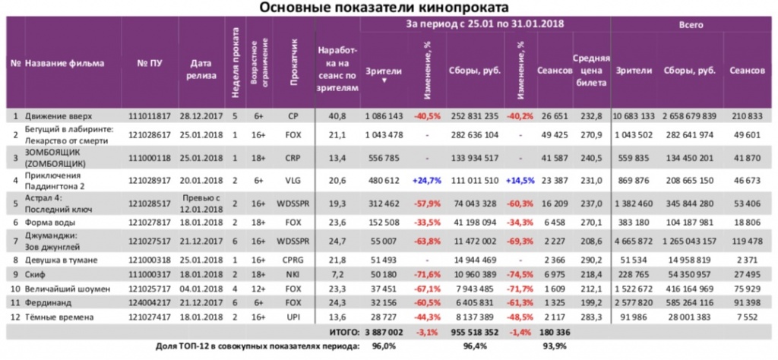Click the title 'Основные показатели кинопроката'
tap(388, 8)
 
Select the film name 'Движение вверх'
tap(59, 116)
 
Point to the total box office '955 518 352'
tap(476, 332)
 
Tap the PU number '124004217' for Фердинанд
tap(147, 302)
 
